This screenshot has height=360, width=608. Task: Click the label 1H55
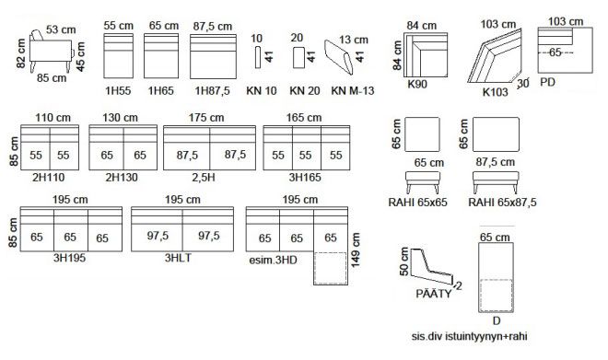118,90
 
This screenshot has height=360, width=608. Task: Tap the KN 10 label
262,90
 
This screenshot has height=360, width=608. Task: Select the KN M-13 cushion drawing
339,57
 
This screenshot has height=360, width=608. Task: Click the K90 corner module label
417,84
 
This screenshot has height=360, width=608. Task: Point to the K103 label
496,92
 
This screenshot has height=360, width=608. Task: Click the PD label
547,82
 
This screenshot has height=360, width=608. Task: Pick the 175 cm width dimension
206,118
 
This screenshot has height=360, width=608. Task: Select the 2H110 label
49,178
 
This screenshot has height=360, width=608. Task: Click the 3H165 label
305,178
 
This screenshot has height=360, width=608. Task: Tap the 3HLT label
178,258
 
